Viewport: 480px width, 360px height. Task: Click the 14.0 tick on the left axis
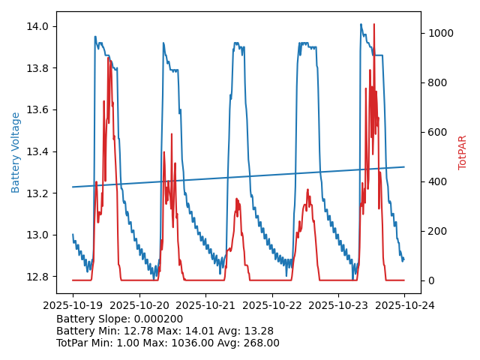point(38,26)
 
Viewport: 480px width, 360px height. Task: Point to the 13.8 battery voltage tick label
point(38,68)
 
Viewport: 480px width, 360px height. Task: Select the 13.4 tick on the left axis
point(38,151)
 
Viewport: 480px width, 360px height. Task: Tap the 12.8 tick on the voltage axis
point(38,277)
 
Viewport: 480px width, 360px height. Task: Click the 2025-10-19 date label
point(73,306)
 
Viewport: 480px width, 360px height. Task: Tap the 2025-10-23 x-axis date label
point(338,306)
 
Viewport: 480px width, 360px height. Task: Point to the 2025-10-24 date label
point(404,306)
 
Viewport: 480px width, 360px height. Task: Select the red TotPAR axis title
point(463,152)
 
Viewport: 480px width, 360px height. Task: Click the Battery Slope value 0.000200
point(160,319)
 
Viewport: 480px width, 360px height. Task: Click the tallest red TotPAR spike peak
point(374,24)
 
